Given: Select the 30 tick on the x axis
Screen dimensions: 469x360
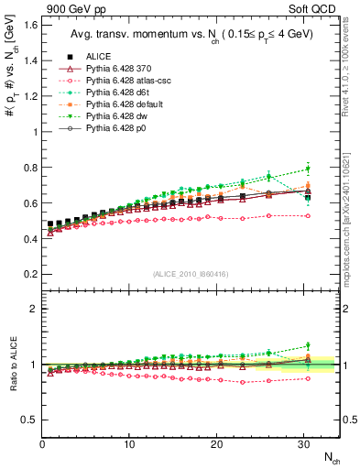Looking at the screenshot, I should [304, 443].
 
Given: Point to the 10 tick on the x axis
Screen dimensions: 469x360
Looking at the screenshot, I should [129, 443].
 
